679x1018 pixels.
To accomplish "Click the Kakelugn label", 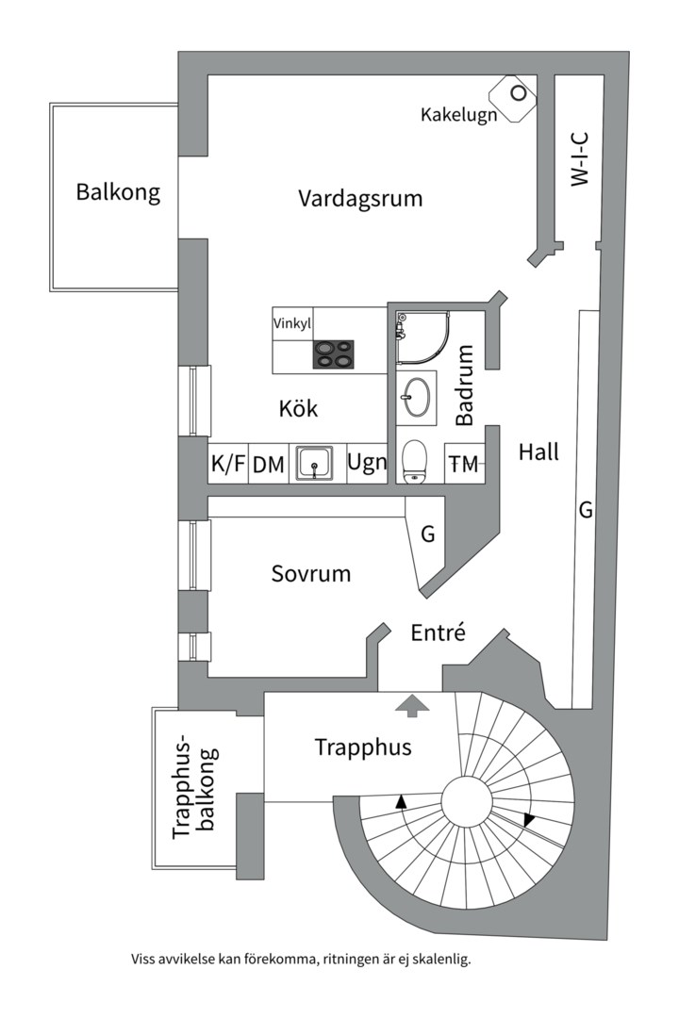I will click(x=458, y=115).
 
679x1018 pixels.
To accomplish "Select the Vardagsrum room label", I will click(x=360, y=199).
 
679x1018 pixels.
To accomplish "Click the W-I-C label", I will click(x=580, y=159).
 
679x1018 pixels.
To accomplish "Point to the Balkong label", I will click(x=118, y=193).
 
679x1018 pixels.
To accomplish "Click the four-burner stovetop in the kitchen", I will click(x=335, y=353).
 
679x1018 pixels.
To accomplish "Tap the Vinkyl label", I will click(x=292, y=323).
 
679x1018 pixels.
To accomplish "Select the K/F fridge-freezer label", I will click(x=228, y=464).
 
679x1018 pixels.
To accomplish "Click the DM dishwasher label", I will click(x=269, y=464).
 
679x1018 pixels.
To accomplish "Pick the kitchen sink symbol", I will click(x=314, y=463).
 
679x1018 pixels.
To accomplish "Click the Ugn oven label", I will click(x=367, y=463).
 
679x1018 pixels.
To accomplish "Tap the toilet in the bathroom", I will click(x=415, y=462).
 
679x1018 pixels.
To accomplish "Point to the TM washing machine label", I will click(x=464, y=464).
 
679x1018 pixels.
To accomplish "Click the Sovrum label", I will click(x=311, y=573).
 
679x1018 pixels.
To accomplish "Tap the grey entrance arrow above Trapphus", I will click(x=411, y=703).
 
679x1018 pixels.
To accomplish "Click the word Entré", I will click(x=438, y=632).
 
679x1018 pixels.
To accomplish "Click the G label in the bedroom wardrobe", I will click(x=427, y=535).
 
